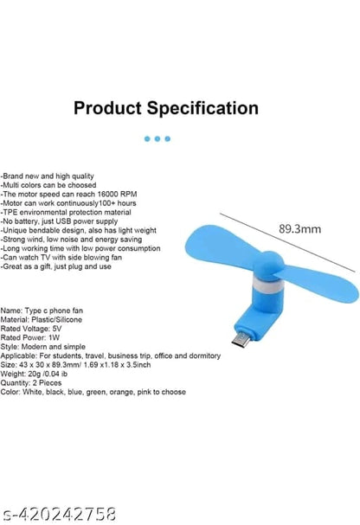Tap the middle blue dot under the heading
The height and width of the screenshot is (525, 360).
pos(157,138)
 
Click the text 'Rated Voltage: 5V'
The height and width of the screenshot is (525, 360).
pos(32,329)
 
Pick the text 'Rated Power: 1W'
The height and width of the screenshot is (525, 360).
pos(31,337)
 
